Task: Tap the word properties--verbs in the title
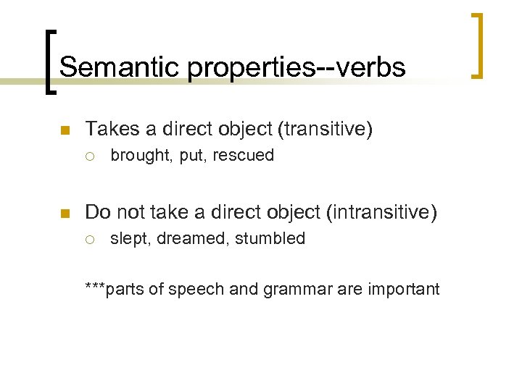(x=297, y=67)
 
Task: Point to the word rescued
(x=244, y=156)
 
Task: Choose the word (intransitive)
(x=382, y=212)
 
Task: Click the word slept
(x=128, y=238)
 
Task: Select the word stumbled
(x=270, y=238)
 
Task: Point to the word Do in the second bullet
(x=98, y=212)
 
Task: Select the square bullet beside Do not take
(x=63, y=214)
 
